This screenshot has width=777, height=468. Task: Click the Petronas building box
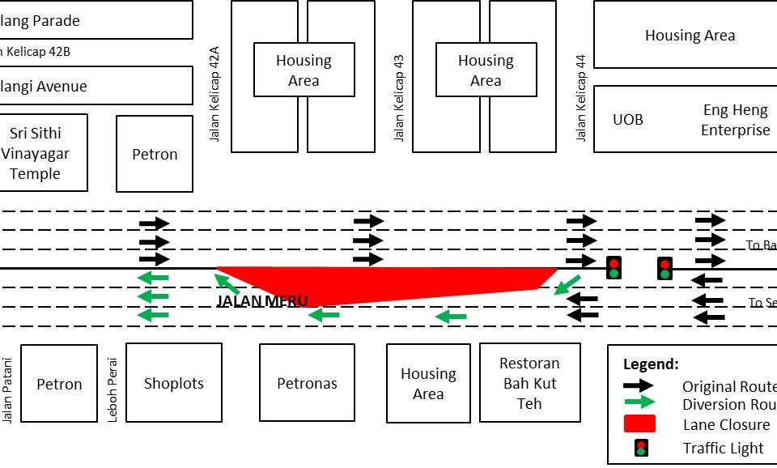point(307,382)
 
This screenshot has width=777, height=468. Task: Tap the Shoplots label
point(173,383)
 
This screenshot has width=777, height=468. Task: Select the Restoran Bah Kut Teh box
point(529,382)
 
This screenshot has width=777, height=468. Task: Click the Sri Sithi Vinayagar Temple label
point(35,153)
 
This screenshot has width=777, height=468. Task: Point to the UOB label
point(628,120)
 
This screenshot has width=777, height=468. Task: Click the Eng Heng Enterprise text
point(735,120)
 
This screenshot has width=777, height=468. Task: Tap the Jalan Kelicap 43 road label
point(399,99)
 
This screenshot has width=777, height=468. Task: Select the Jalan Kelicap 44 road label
point(581,99)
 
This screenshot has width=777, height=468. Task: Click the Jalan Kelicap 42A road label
point(214,94)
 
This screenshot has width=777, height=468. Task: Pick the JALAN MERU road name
point(261,301)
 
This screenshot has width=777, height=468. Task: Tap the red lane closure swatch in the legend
point(639,424)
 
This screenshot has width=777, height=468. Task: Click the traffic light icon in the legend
point(641,448)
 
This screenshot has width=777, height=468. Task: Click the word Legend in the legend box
point(651,364)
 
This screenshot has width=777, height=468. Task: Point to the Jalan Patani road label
point(8,389)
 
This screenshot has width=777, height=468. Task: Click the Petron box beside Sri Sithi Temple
point(155,154)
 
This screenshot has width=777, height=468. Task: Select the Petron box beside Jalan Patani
point(59,384)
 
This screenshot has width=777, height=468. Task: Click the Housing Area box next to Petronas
point(428,384)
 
